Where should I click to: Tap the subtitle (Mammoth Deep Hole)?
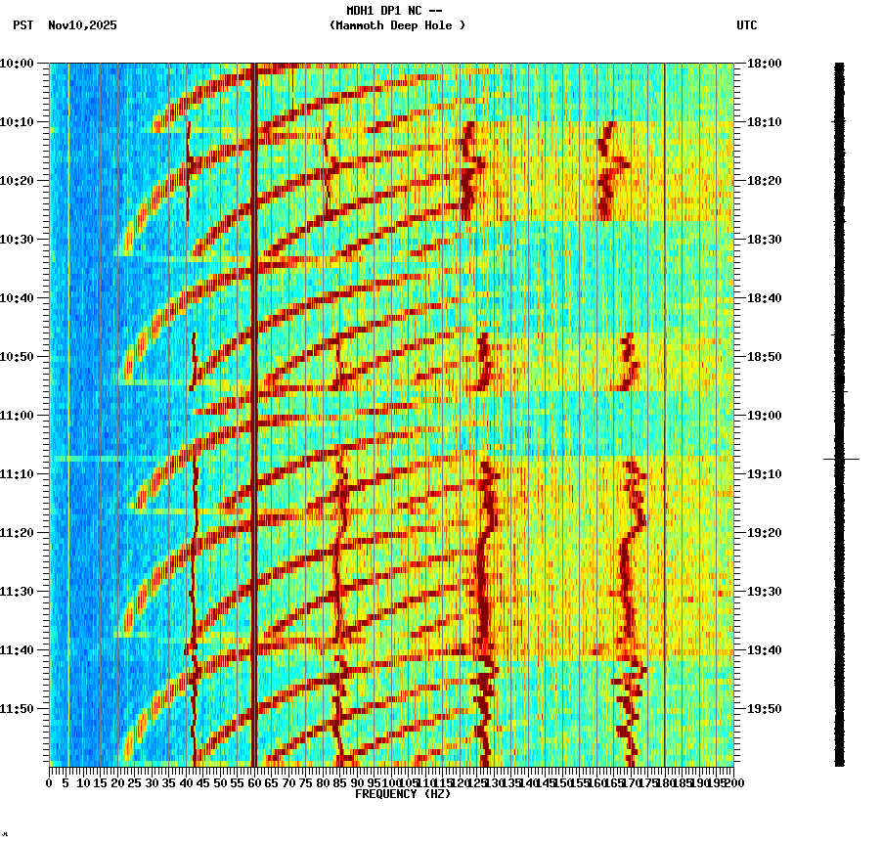click(397, 25)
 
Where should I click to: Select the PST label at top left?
click(23, 25)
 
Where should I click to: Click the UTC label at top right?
click(746, 25)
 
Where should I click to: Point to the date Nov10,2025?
click(82, 25)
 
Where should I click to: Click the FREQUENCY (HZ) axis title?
click(402, 794)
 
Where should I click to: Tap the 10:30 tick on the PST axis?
click(18, 239)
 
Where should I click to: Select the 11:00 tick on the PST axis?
click(18, 415)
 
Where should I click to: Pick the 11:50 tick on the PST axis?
click(18, 708)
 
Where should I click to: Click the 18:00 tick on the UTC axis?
click(765, 63)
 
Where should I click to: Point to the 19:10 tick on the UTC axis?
click(765, 473)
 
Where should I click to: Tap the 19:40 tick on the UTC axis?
click(765, 649)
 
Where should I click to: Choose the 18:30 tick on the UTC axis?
click(765, 239)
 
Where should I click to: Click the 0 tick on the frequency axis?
click(50, 782)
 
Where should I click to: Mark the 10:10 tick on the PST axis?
click(18, 121)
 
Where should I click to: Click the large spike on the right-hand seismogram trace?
click(840, 459)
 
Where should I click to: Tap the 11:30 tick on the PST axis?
click(18, 591)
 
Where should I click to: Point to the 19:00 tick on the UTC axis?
click(765, 415)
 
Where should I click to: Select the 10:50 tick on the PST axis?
click(18, 356)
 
